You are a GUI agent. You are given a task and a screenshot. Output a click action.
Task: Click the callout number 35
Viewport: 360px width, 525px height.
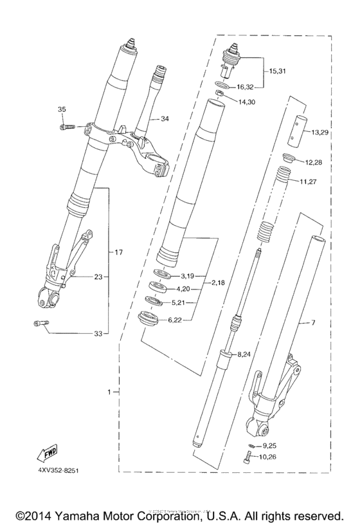[62, 109]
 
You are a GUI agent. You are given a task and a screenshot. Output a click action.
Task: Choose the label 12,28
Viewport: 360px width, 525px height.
[314, 162]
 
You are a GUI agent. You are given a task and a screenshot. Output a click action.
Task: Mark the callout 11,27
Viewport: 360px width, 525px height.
[309, 182]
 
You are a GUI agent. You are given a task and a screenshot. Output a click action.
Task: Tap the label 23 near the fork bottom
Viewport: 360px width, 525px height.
[98, 278]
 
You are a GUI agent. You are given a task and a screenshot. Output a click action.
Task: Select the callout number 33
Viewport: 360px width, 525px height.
[98, 333]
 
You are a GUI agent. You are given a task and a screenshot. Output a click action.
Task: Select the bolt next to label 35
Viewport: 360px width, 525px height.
[66, 127]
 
